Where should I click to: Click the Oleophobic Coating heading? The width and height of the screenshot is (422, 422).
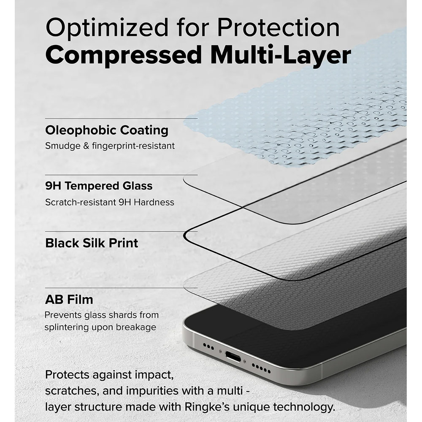(107, 130)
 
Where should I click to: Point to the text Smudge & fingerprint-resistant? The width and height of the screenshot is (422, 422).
(110, 146)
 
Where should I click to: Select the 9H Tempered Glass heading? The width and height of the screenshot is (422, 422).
(99, 186)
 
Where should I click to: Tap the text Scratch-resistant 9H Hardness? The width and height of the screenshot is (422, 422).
(110, 202)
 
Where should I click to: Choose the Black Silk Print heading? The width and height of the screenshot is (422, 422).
(92, 243)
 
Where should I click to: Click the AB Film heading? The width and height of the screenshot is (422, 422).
(69, 300)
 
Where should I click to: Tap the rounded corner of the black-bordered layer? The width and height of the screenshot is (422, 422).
(190, 236)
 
